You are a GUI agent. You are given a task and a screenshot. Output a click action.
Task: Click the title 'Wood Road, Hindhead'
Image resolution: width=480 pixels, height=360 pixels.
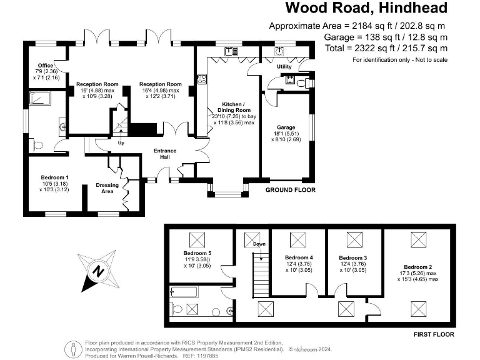coord(366,8)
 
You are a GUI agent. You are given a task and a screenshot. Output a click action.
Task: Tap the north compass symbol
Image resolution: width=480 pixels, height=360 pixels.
coord(97,271)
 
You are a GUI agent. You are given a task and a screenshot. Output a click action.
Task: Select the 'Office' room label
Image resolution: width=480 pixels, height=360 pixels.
coord(45,66)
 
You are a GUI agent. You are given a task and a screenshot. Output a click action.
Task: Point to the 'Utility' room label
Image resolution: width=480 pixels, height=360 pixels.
coord(284,66)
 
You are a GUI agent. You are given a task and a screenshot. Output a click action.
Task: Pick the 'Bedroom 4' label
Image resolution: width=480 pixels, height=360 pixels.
coord(298,257)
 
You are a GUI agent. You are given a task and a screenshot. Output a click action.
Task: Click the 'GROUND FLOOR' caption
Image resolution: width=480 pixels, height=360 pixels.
coord(291,190)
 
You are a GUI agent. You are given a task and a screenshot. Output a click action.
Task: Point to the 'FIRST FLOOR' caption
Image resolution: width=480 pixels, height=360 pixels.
coord(434,335)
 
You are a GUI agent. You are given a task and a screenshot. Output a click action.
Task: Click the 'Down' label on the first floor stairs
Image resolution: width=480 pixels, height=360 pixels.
coord(259,244)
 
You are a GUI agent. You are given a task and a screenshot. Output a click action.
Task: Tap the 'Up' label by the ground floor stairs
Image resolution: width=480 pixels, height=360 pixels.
coord(121,142)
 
